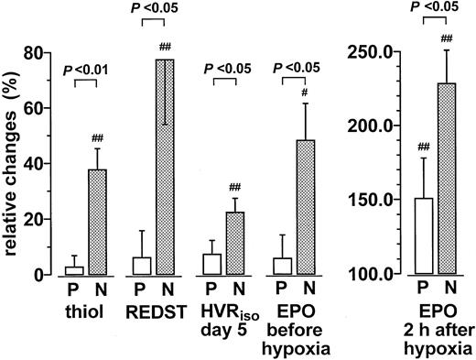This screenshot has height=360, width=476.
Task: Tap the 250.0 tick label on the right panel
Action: click(x=369, y=52)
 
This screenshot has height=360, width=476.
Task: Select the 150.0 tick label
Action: click(x=369, y=201)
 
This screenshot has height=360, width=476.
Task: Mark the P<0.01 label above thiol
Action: click(x=85, y=68)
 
